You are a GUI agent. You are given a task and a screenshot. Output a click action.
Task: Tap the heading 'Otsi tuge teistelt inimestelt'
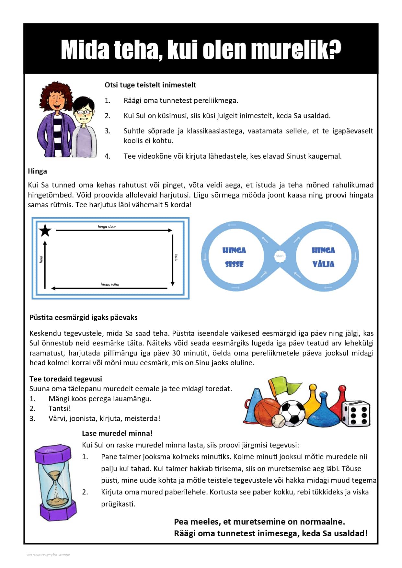coord(150,85)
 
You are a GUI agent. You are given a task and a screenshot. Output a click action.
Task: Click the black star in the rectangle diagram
coord(45,230)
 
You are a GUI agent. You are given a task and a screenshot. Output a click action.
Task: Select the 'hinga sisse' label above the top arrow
coord(107,227)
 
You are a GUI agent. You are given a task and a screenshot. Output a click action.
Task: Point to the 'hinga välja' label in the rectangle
coord(110,284)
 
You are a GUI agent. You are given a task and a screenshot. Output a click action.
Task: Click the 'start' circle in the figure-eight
coord(280,256)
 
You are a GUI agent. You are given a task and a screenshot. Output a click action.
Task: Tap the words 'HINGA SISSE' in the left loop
coord(234,257)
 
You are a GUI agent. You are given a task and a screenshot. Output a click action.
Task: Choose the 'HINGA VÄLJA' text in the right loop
coord(323,257)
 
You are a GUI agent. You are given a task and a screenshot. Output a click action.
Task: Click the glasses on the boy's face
coord(84,112)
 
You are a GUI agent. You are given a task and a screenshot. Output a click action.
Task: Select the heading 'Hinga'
coord(37,171)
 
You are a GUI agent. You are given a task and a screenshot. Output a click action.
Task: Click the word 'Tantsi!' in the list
coord(60,408)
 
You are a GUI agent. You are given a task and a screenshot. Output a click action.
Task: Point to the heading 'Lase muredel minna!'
coord(117,433)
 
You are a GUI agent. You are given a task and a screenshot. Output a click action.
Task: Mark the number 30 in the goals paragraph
coord(177,353)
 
